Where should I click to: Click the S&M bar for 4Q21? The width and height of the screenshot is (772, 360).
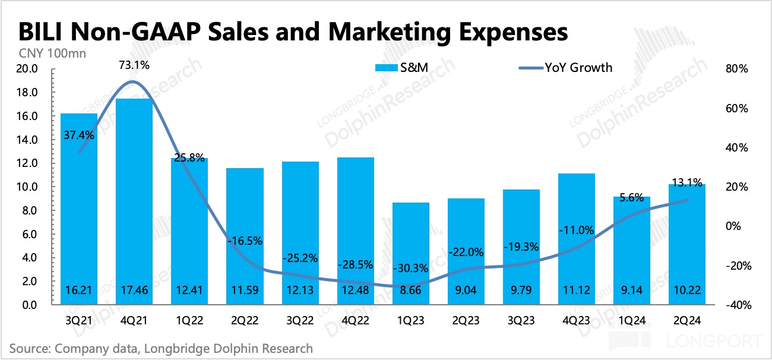(x=131, y=202)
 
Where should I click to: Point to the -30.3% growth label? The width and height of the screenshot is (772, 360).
(x=411, y=268)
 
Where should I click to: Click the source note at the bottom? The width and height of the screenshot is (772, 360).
(x=161, y=348)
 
